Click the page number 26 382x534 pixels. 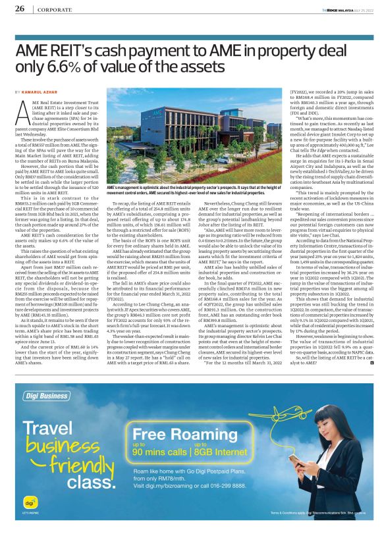click(x=19, y=9)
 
